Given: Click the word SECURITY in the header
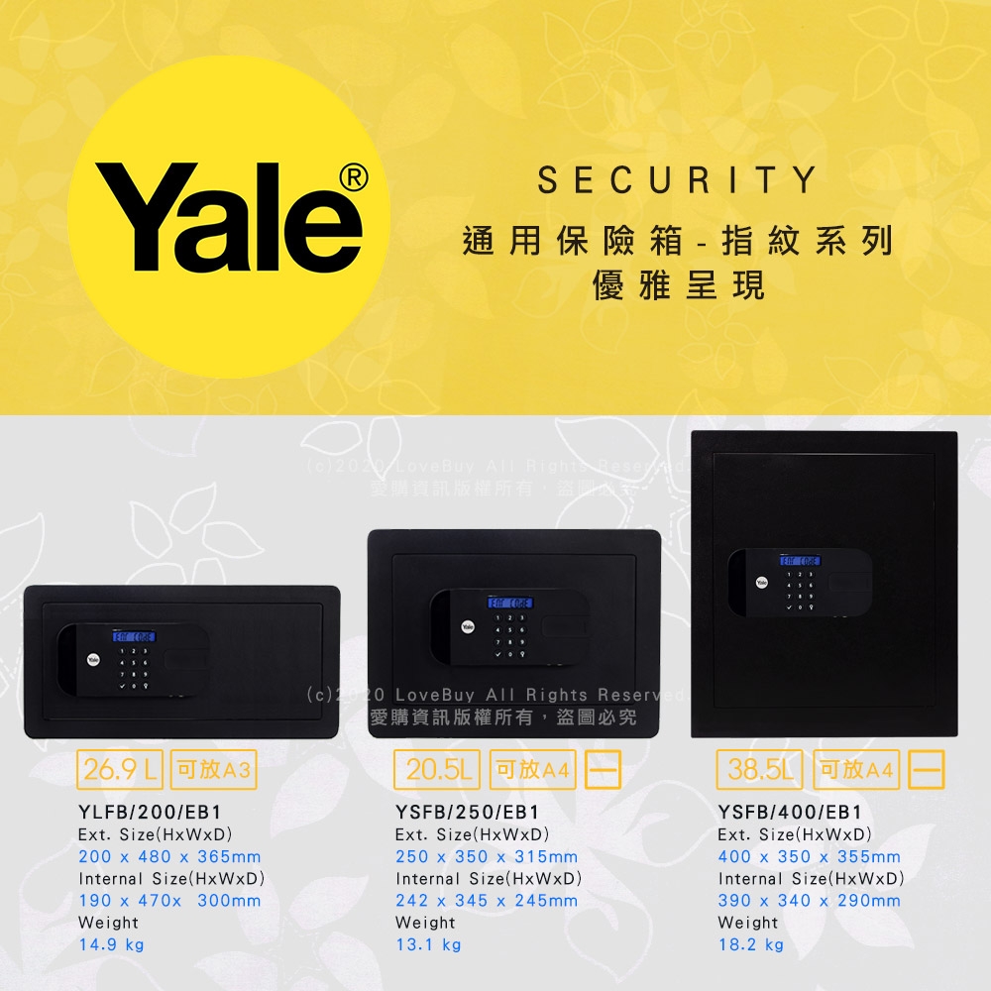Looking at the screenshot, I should (x=677, y=180).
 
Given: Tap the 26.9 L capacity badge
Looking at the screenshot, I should (x=122, y=769).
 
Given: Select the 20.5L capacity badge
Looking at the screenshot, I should (x=437, y=769).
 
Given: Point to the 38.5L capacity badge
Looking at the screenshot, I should (x=760, y=769).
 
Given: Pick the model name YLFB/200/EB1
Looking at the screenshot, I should (x=150, y=813).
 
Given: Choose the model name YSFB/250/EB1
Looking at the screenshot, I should (x=467, y=813).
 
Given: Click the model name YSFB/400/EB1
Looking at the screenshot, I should (x=790, y=813).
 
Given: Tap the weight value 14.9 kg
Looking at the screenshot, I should (x=111, y=944).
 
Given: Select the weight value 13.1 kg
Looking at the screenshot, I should (x=428, y=944).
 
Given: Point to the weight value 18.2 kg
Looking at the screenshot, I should (x=751, y=944).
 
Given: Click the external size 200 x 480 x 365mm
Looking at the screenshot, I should (x=169, y=856).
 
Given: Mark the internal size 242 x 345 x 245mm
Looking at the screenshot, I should (x=487, y=901).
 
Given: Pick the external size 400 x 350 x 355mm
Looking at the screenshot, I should (x=810, y=856).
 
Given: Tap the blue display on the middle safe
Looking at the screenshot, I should (x=509, y=604).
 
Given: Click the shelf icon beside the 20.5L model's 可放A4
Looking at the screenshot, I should (x=604, y=770).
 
